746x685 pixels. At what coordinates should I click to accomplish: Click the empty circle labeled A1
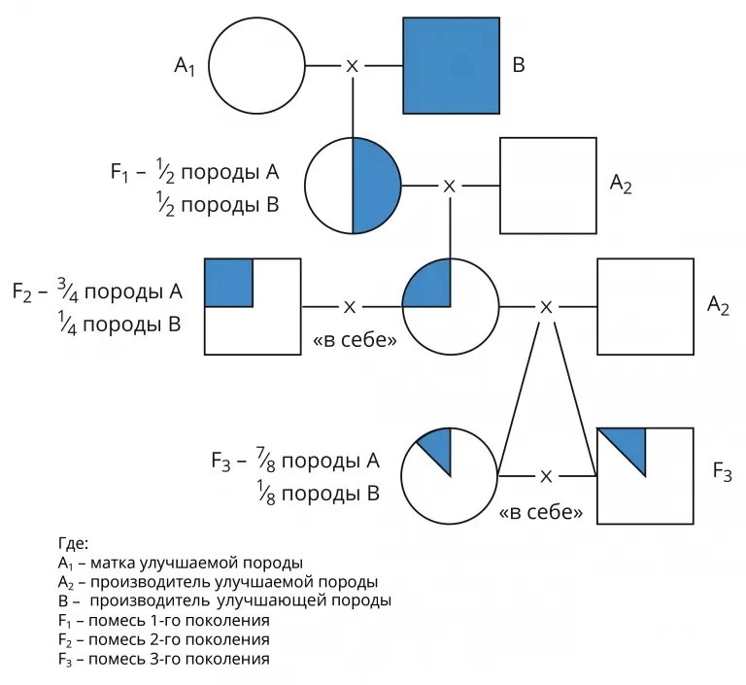255,66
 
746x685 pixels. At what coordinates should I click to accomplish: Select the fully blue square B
452,66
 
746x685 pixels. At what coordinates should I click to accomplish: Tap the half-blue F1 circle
353,186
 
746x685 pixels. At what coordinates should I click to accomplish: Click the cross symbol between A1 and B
353,66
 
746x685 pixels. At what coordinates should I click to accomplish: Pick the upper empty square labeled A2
548,186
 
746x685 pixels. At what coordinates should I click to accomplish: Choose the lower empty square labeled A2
645,306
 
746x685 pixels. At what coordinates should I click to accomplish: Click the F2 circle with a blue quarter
450,306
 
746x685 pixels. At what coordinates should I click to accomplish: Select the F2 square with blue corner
253,306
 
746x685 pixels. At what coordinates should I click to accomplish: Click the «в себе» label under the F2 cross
351,342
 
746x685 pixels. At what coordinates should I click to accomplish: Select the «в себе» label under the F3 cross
541,511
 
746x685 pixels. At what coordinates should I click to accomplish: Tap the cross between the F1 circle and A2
449,186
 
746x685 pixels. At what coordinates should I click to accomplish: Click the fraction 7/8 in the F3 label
265,459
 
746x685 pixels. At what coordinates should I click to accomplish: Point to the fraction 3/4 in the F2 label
65,289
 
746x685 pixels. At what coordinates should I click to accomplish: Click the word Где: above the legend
73,544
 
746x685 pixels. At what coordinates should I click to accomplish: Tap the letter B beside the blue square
518,66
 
